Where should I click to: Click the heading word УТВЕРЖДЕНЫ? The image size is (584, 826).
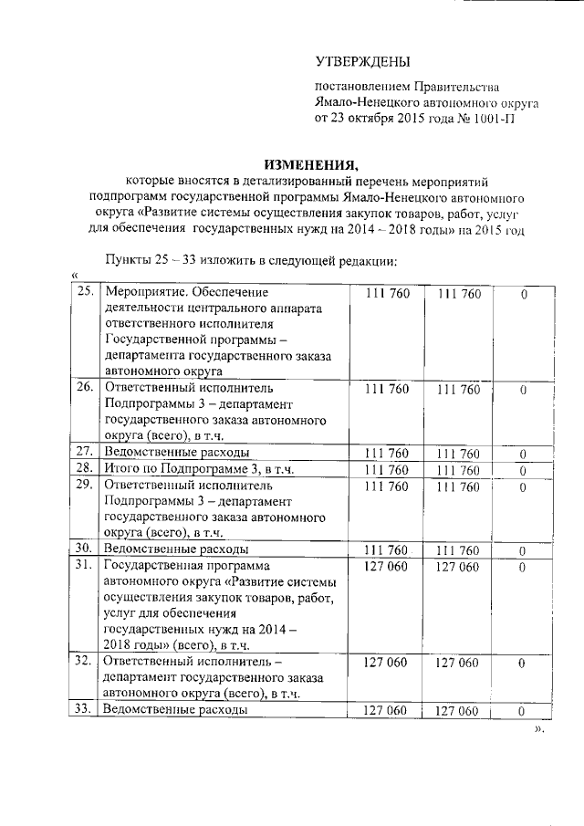coord(362,62)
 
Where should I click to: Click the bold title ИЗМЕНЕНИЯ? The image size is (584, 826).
coord(311,164)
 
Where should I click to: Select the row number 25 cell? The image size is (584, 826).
coord(85,293)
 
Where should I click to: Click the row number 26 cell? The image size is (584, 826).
coord(85,388)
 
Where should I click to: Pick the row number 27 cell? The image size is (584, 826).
coord(85,452)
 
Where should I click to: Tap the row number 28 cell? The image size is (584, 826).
coord(85,469)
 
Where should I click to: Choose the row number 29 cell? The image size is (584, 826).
coord(85,486)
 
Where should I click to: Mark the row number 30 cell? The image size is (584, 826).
coord(85,549)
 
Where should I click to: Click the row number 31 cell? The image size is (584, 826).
coord(85,566)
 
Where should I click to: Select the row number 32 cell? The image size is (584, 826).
coord(85,662)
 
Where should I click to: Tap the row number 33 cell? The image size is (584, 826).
coord(85,710)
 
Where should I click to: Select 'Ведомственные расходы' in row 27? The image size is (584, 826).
coord(176,452)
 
